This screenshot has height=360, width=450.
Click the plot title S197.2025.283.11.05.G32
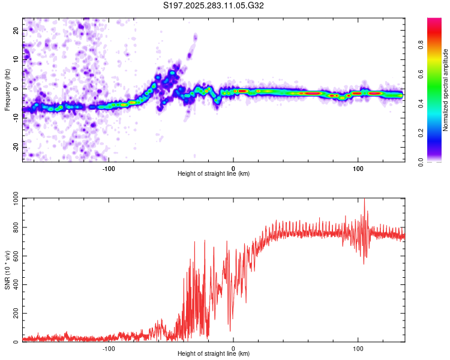coord(214,5)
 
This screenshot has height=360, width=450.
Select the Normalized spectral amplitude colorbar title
coord(446,90)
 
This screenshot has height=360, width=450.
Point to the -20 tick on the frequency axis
coord(16,147)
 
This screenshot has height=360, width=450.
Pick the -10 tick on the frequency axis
coord(16,118)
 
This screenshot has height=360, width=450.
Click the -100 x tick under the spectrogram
coord(109,168)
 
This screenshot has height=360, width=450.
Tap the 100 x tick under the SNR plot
coord(358,348)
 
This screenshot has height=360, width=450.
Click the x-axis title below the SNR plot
coord(214,354)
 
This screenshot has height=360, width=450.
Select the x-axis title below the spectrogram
coord(214,174)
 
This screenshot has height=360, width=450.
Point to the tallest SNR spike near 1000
coord(364,200)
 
